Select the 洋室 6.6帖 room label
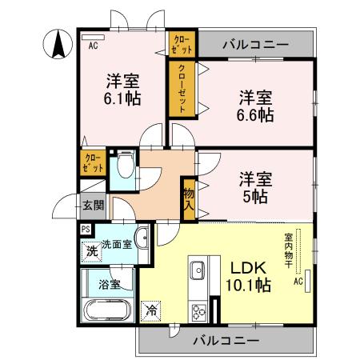click(255, 106)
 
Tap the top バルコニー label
click(255, 44)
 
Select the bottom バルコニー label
click(226, 340)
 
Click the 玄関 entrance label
click(92, 205)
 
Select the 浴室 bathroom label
click(110, 283)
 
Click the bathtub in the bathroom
click(108, 310)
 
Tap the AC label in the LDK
click(297, 282)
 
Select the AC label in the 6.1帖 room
click(94, 46)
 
